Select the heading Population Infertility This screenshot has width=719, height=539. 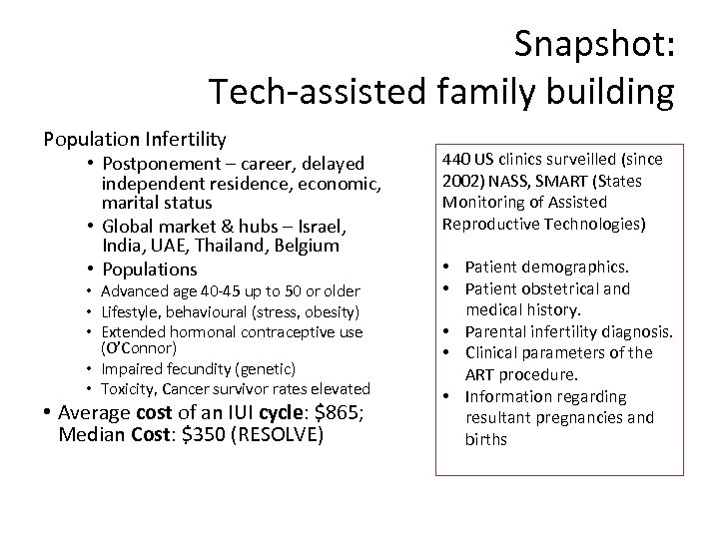coord(134,139)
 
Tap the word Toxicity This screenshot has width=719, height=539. coord(132,388)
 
